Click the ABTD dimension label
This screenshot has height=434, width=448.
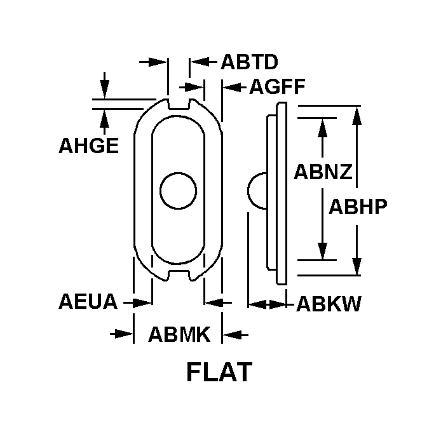coord(249,62)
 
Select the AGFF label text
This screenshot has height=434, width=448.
coord(277,86)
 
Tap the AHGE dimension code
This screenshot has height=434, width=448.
coord(88,146)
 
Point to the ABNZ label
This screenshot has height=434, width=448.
coord(323,172)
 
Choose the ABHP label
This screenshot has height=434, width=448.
coord(358,207)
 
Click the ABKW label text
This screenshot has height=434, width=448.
coord(329,304)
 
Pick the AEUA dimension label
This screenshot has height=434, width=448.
coord(88,301)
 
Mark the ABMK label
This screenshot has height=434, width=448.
coord(179,334)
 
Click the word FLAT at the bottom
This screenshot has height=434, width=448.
coord(219,372)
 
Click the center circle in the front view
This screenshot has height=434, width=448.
coord(179,191)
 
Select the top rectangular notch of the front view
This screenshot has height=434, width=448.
coord(179,104)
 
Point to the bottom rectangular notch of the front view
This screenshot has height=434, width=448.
coord(179,275)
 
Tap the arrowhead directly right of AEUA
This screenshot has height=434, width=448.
coord(143,302)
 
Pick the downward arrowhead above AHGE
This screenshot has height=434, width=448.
coord(105,90)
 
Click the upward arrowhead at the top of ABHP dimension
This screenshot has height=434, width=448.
coord(356,115)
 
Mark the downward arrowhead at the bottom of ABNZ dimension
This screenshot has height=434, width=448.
coord(323,251)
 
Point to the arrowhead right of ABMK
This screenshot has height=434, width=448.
coord(231,334)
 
